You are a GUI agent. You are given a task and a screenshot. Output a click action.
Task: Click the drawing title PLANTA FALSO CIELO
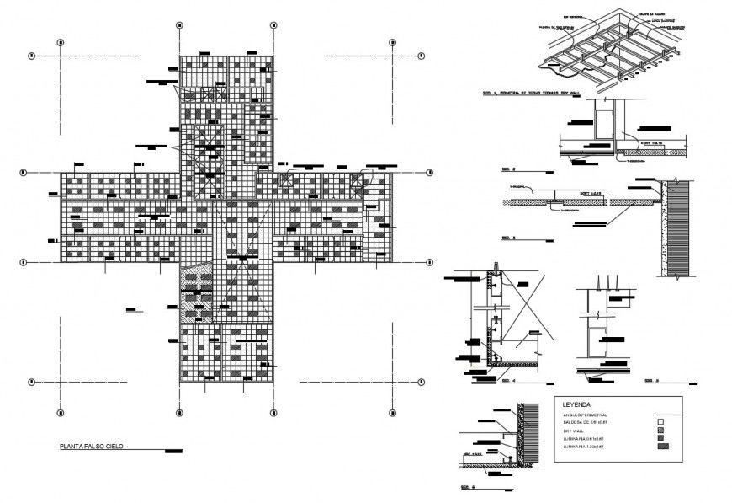tap(88, 446)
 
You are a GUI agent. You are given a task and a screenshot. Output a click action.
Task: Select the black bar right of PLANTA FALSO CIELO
tap(175, 451)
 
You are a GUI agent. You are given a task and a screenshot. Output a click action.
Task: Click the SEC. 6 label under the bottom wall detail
tap(469, 487)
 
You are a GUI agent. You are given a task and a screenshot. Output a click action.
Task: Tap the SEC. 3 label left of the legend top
tap(650, 381)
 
